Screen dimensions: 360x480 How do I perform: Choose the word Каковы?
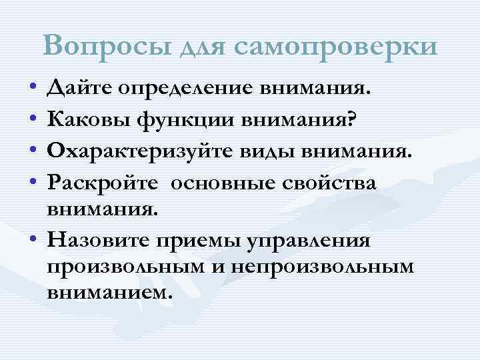pos(87,120)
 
